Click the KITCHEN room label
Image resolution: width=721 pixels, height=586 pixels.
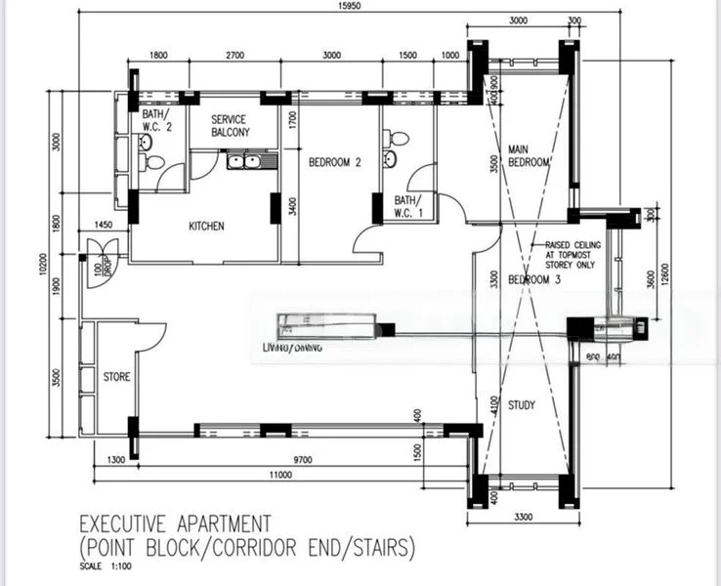(206, 227)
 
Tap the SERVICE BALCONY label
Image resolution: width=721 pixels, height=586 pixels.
(230, 125)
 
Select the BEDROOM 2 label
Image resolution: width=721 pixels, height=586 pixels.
(335, 163)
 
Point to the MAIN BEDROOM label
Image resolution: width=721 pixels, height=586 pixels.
(529, 156)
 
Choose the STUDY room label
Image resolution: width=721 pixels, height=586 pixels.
(521, 404)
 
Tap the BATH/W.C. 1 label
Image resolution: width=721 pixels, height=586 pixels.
(405, 205)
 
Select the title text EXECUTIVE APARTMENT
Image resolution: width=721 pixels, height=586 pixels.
(175, 523)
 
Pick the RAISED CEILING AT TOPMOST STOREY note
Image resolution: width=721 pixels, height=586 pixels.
(564, 256)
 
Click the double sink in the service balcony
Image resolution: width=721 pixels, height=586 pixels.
(243, 160)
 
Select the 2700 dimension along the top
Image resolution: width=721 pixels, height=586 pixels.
(233, 56)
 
